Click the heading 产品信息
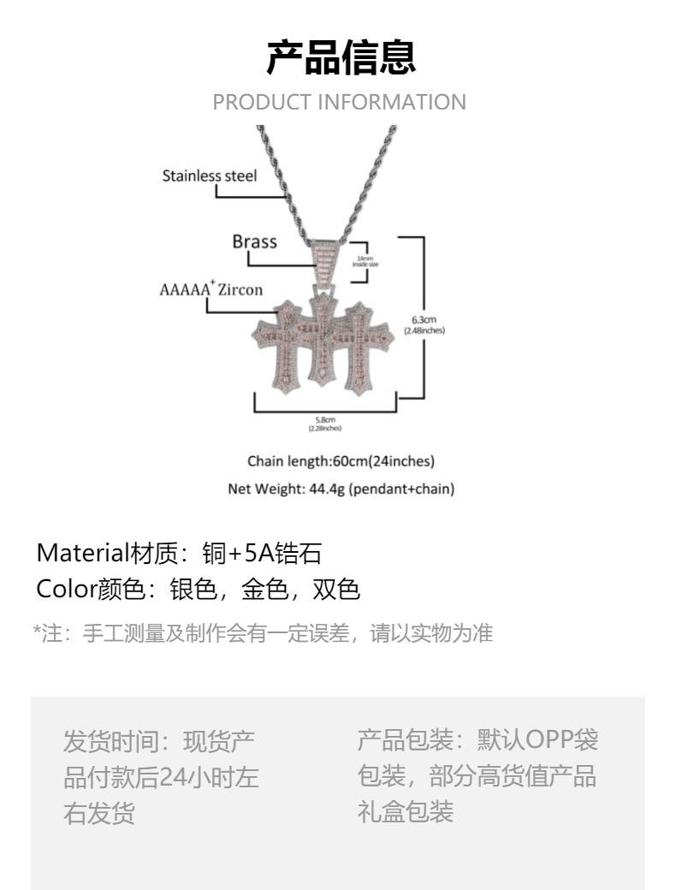[341, 57]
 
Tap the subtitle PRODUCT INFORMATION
[340, 103]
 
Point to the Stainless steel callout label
[210, 176]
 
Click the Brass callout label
[255, 241]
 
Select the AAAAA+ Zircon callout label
[211, 289]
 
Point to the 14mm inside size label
[365, 261]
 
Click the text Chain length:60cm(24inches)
[341, 462]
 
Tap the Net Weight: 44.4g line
[341, 489]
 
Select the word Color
[63, 590]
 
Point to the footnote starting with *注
[263, 634]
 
